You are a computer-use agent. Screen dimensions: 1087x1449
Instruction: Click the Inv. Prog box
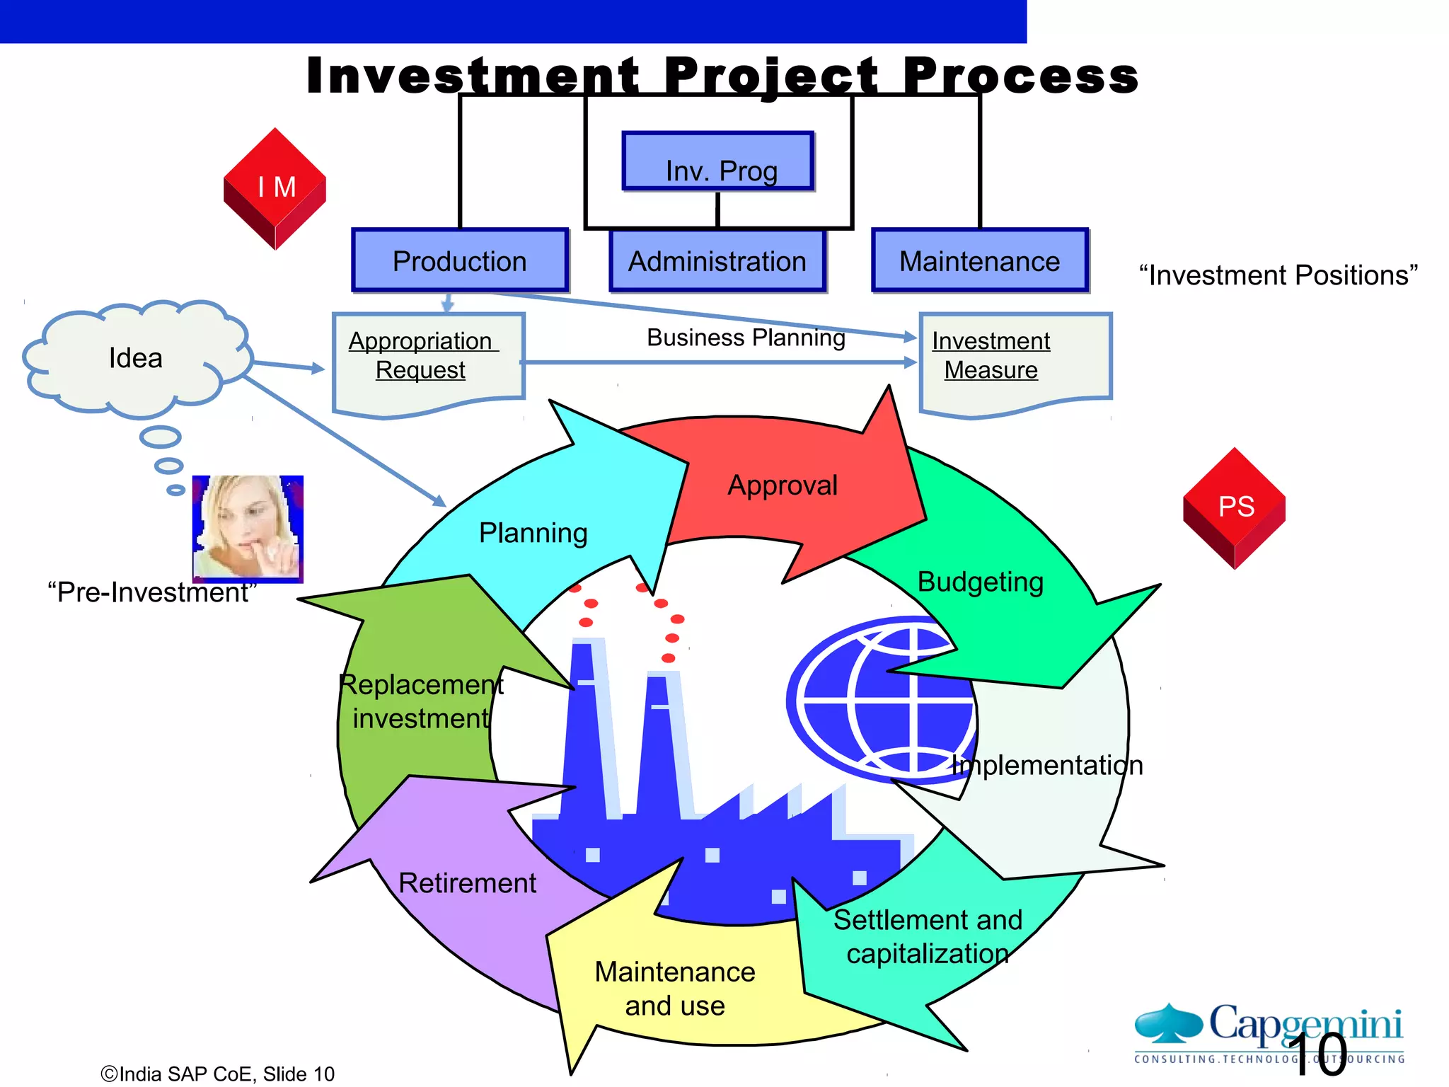pos(718,161)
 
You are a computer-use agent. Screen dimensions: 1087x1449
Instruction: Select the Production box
pos(460,260)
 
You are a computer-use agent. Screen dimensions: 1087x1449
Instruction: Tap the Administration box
pos(717,260)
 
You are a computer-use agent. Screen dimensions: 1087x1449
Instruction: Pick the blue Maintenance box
pos(980,260)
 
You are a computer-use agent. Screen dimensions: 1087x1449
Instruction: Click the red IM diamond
pos(275,188)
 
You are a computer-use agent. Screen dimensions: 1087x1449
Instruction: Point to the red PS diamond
pos(1235,507)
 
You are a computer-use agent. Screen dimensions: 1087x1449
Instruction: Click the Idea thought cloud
pos(135,357)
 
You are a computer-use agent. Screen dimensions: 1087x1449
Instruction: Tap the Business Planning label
pos(746,338)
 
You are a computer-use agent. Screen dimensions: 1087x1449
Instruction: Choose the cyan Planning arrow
pos(533,532)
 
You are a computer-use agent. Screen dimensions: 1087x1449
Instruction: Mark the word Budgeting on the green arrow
pos(980,582)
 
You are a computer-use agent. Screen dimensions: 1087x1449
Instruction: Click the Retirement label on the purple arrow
pos(467,882)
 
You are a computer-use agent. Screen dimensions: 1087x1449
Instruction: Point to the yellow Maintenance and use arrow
pos(674,987)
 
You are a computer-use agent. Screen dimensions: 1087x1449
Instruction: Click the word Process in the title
pos(1020,76)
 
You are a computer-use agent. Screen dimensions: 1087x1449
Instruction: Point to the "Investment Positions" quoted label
pos(1278,275)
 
